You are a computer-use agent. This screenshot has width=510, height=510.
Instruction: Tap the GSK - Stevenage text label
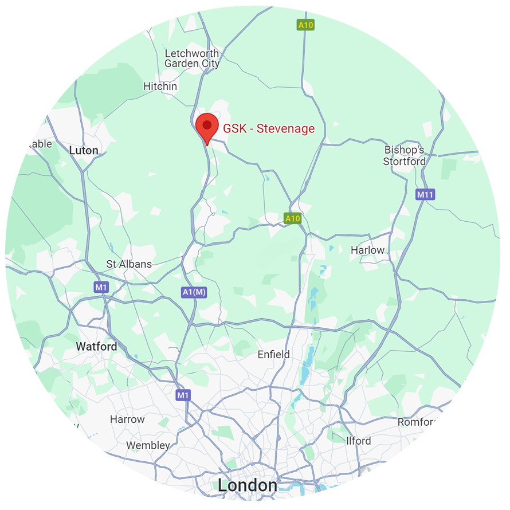[x=269, y=128]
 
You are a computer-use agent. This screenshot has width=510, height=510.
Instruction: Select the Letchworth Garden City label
[x=192, y=58]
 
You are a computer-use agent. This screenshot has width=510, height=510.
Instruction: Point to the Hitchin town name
[x=160, y=86]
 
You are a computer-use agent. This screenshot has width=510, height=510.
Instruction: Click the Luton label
[x=84, y=151]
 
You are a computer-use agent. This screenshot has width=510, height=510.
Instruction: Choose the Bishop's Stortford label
[x=405, y=155]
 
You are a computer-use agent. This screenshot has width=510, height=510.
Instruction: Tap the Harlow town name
[x=367, y=250]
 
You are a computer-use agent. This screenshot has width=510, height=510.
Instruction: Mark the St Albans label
[x=129, y=264]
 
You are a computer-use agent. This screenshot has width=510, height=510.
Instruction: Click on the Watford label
[x=96, y=346]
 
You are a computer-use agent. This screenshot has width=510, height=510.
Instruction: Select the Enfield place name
[x=273, y=355]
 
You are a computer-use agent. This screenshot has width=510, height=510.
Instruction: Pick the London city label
[x=247, y=485]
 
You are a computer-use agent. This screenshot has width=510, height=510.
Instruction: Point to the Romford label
[x=418, y=422]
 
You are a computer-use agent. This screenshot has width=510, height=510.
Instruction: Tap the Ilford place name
[x=359, y=441]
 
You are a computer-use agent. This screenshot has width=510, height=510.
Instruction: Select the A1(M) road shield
[x=194, y=293]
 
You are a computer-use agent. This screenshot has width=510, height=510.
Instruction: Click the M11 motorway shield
[x=425, y=195]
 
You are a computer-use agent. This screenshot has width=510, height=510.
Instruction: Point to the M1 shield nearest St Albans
[x=101, y=287]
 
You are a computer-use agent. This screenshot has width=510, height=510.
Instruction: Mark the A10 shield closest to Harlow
[x=293, y=218]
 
